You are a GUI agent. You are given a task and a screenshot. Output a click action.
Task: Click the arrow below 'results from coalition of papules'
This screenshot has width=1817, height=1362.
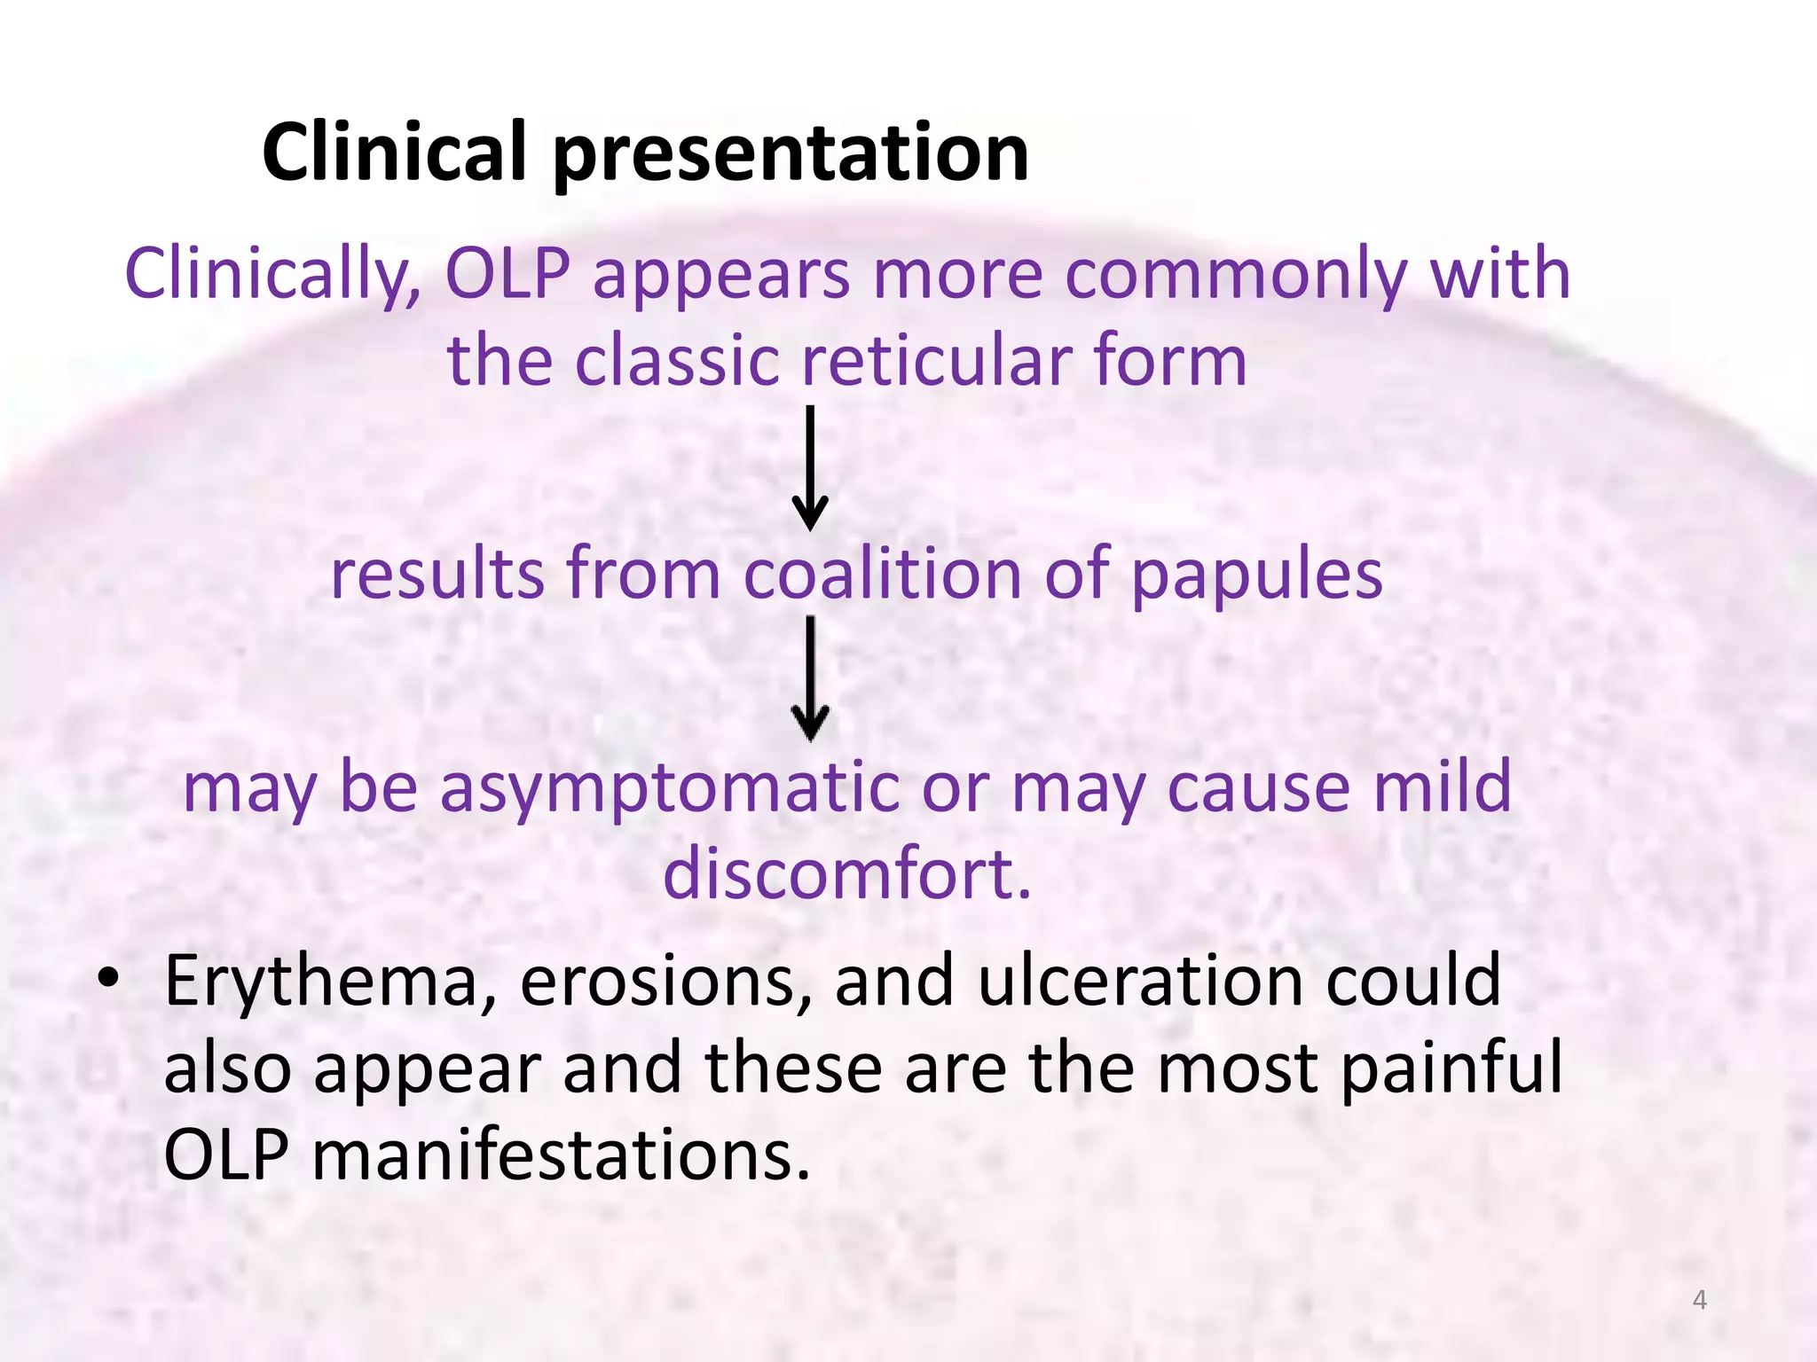click(x=810, y=678)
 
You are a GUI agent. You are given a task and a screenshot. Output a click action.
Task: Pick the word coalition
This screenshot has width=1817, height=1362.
click(x=882, y=574)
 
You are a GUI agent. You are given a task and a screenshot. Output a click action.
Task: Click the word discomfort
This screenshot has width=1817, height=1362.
click(x=847, y=873)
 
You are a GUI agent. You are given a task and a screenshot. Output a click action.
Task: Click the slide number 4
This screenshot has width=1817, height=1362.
click(x=1699, y=1300)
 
